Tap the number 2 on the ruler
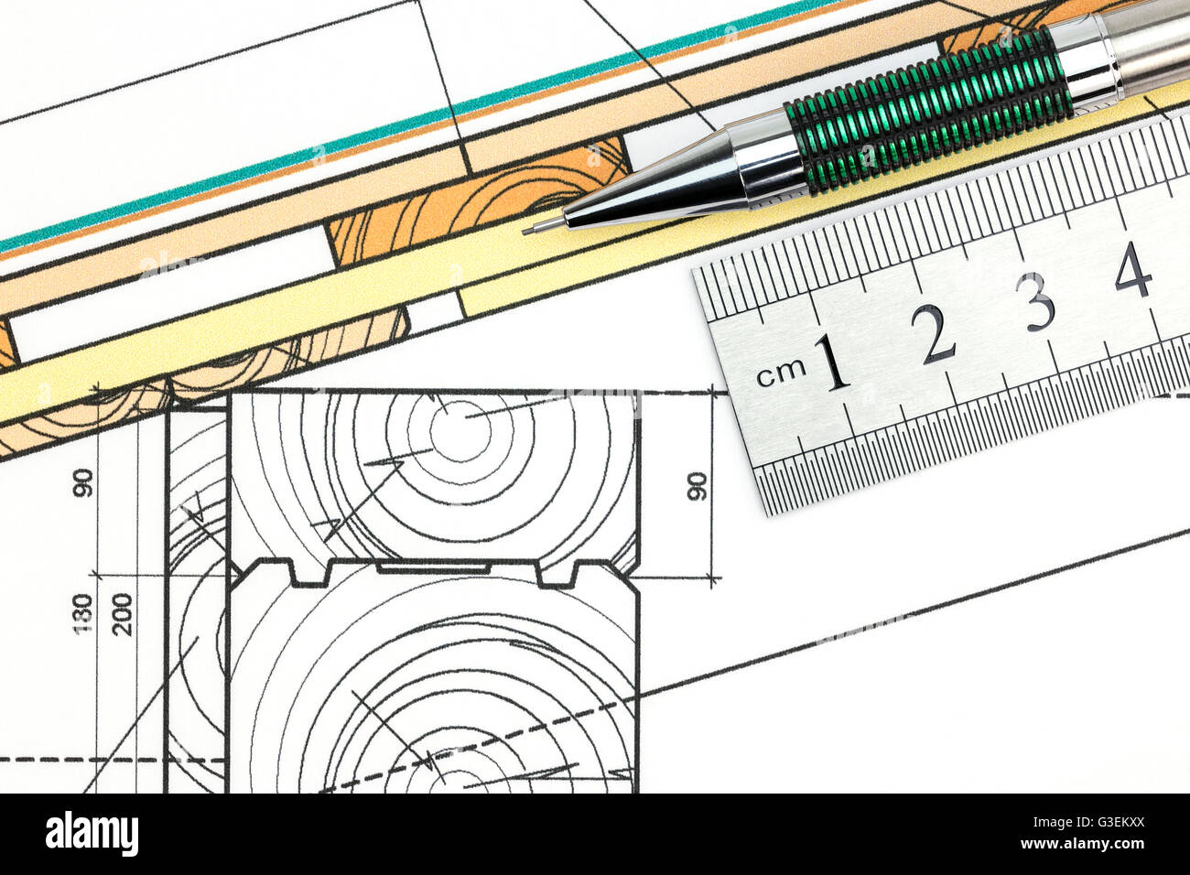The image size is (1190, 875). [936, 334]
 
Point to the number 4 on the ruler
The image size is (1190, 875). [1133, 269]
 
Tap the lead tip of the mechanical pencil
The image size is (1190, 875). [529, 230]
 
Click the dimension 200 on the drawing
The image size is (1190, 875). [123, 614]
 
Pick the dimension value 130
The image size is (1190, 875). [82, 614]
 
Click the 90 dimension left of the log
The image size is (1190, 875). [82, 482]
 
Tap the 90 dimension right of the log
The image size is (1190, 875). [697, 486]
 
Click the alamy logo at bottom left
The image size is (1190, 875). [92, 834]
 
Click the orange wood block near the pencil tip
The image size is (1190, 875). [476, 206]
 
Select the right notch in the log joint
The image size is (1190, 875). [557, 574]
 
